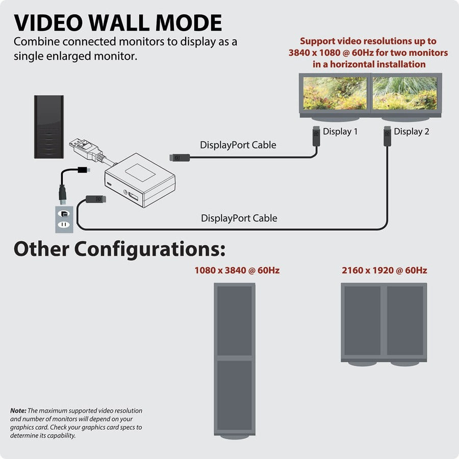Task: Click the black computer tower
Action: [49, 126]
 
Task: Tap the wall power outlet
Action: [64, 219]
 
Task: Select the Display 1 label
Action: [340, 132]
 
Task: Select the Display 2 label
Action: [411, 132]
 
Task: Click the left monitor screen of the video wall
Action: [335, 93]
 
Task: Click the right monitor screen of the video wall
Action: [404, 93]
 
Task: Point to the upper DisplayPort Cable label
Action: [238, 145]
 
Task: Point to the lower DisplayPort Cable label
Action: [239, 218]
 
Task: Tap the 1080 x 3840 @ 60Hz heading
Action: [237, 270]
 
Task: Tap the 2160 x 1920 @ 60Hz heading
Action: [384, 270]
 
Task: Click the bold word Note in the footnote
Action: [18, 411]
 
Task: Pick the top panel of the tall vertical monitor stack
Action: [234, 320]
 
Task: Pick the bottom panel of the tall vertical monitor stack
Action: [234, 395]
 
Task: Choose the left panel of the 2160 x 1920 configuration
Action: [362, 320]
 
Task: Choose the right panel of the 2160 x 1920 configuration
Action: [405, 320]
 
